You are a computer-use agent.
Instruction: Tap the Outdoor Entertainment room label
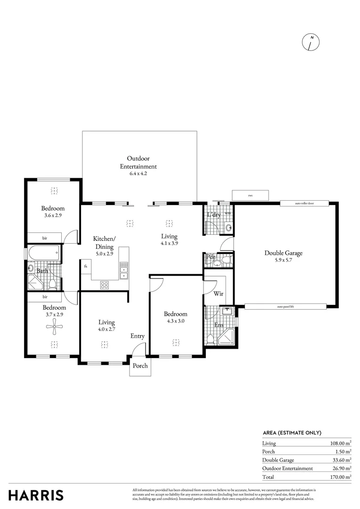point(139,162)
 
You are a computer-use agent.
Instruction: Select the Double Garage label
point(283,253)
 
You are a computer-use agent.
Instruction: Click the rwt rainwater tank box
point(250,195)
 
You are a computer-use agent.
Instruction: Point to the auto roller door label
point(304,204)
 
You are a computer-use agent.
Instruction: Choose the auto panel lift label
point(286,306)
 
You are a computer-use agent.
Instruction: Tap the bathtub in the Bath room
point(44,254)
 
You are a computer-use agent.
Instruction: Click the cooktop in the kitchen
point(105,285)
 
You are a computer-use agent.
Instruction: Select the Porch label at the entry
point(140,366)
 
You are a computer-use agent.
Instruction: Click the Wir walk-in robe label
point(218,294)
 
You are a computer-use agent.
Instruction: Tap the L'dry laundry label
point(214,215)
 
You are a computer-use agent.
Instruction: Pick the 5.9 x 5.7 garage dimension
point(283,260)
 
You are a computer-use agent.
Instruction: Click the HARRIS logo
point(36,495)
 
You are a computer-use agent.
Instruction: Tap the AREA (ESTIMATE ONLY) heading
point(292,433)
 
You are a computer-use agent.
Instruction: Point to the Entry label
point(138,336)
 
